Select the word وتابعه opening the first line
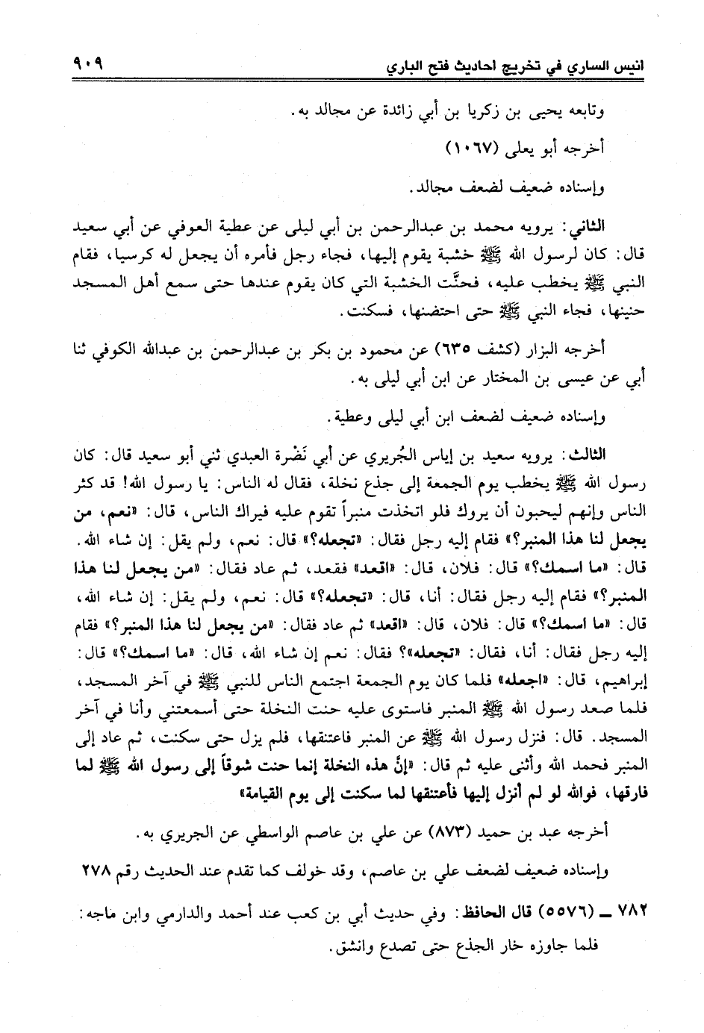(x=605, y=112)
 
